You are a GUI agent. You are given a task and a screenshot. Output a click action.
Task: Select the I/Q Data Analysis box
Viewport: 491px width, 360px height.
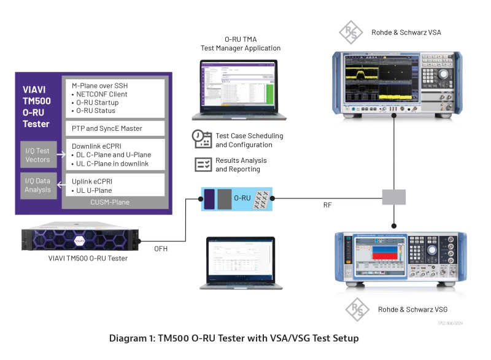pyautogui.click(x=38, y=186)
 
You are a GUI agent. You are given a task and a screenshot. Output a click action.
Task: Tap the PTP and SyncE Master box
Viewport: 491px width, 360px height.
pyautogui.click(x=114, y=128)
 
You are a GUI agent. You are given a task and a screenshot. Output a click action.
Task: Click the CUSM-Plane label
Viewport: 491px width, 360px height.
pyautogui.click(x=114, y=202)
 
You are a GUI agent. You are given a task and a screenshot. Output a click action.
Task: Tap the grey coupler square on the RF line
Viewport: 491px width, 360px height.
pyautogui.click(x=393, y=197)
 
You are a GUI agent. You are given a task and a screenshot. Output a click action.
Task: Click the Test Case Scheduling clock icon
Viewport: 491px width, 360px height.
pyautogui.click(x=202, y=139)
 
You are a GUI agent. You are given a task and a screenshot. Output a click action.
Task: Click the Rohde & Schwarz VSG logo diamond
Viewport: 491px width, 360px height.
pyautogui.click(x=358, y=310)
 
